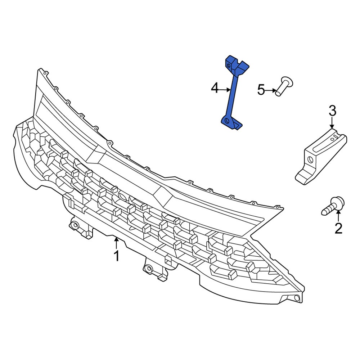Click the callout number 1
pos(116,256)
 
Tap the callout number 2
pos(338,228)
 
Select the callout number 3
pos(332,111)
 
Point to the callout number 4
pos(215,88)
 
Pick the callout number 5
pos(261,90)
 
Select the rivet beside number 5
pos(284,86)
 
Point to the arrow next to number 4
pos(224,89)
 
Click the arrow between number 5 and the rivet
pos(271,90)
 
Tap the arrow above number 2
pos(338,216)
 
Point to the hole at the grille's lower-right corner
pos(296,298)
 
